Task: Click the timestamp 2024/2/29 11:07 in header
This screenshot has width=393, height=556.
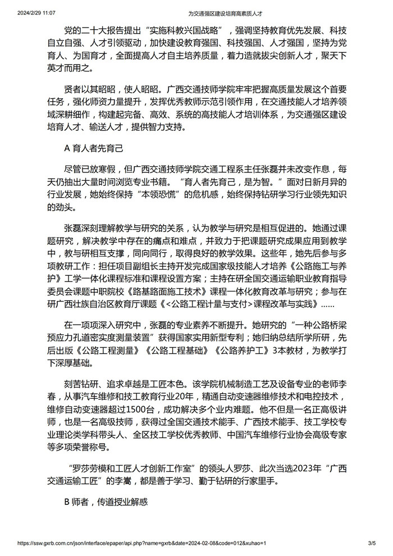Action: click(31, 12)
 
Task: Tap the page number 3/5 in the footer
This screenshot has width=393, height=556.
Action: click(371, 544)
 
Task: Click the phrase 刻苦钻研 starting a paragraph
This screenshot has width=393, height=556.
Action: click(83, 382)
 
